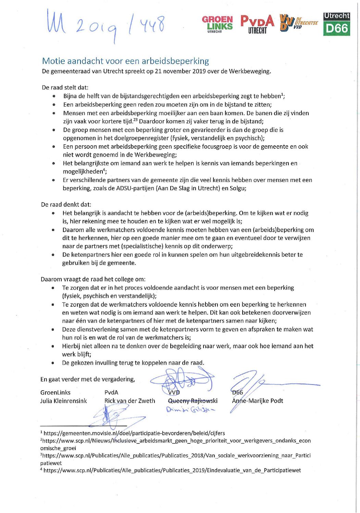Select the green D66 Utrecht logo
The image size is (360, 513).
(336, 24)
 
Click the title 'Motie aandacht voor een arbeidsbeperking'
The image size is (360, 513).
(125, 61)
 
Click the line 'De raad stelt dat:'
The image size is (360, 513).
(65, 87)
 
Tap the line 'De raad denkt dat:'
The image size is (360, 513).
(66, 205)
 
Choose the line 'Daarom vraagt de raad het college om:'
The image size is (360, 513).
(93, 279)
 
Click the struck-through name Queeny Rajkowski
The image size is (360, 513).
(193, 401)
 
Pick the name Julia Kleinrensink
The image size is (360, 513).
(63, 401)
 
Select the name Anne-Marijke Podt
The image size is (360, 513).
(258, 401)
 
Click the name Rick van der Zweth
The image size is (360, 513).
(129, 401)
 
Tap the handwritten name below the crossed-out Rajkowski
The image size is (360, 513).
(190, 409)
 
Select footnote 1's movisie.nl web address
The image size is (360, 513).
(134, 433)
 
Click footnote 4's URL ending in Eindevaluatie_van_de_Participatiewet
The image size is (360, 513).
(172, 470)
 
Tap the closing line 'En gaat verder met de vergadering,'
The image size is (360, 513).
(88, 379)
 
